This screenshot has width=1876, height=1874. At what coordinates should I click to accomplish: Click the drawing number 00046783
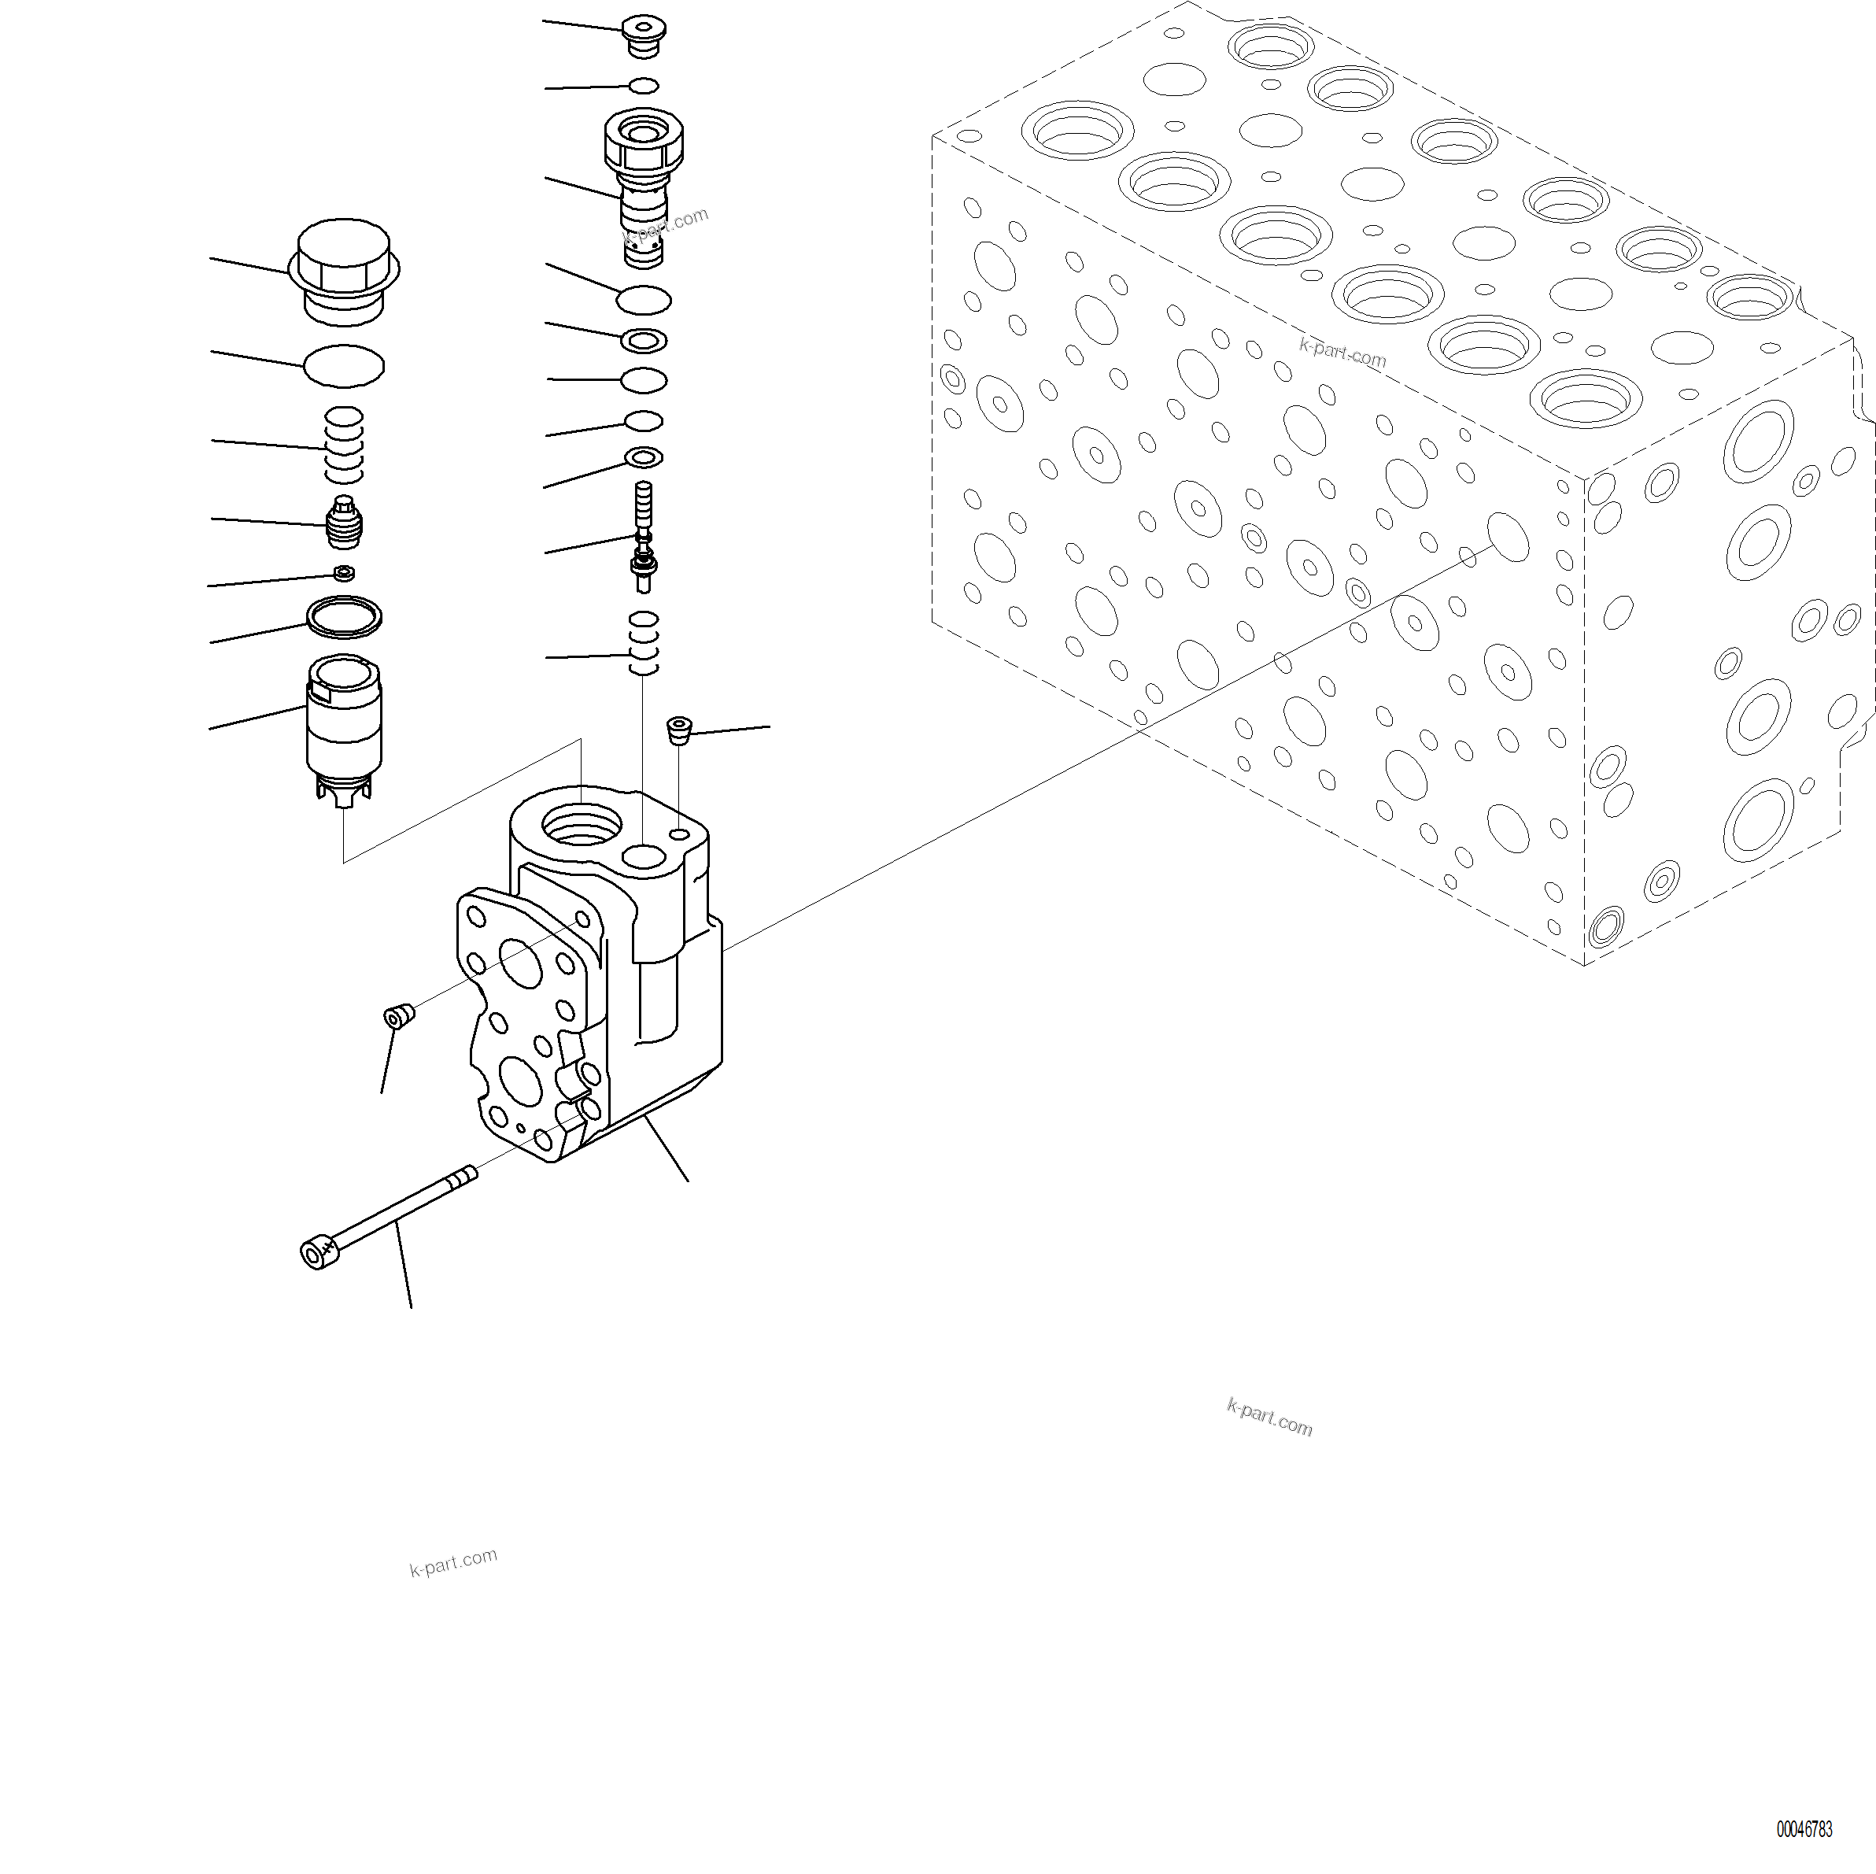pyautogui.click(x=1804, y=1828)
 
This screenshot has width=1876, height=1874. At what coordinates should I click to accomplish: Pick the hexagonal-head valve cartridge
pyautogui.click(x=643, y=184)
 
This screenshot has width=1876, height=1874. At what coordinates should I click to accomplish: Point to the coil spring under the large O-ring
pyautogui.click(x=344, y=445)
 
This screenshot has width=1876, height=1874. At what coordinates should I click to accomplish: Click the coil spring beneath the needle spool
pyautogui.click(x=643, y=643)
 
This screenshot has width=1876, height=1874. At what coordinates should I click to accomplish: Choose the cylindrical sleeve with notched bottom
pyautogui.click(x=344, y=728)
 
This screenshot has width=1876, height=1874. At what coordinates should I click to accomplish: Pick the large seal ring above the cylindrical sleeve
pyautogui.click(x=344, y=616)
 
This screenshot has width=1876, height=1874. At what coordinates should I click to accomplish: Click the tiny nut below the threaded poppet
pyautogui.click(x=343, y=573)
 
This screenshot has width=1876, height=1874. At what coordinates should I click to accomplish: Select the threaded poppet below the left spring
pyautogui.click(x=344, y=523)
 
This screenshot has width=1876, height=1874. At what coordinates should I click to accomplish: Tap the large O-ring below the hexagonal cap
pyautogui.click(x=344, y=366)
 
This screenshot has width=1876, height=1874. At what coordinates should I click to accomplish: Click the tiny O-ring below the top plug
pyautogui.click(x=644, y=87)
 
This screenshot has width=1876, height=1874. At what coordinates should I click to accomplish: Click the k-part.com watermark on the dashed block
pyautogui.click(x=1342, y=353)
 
